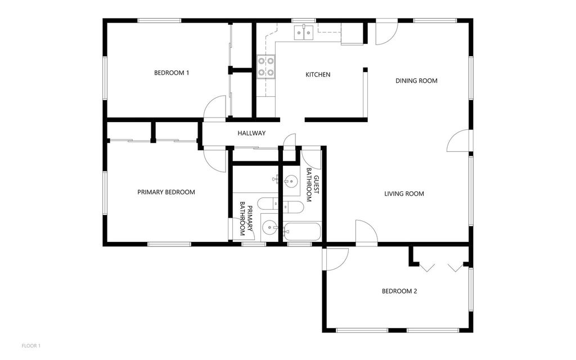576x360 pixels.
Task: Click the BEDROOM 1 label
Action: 172,73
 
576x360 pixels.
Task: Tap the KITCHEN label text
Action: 318,75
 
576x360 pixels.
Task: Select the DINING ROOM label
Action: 416,80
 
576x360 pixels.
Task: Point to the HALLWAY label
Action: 251,133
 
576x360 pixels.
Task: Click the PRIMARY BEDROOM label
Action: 166,192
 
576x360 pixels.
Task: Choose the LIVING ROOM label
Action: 404,194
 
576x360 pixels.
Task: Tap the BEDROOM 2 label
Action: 399,291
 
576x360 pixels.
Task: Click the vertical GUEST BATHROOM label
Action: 313,188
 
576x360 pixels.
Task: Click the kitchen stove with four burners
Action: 266,66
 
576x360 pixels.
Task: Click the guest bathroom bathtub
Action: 302,231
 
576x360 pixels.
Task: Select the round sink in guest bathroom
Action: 291,181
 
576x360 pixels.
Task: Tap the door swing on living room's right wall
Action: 458,142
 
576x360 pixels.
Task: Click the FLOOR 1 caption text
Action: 31,345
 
